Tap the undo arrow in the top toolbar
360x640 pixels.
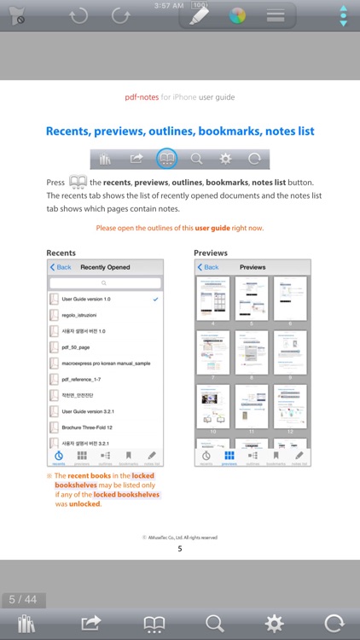79,15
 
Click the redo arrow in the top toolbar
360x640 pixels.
122,15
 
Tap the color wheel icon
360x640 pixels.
237,15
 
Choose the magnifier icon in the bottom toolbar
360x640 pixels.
215,623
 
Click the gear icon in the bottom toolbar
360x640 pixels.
274,623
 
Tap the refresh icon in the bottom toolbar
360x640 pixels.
334,623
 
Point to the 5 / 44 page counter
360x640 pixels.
23,600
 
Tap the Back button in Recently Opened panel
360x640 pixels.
61,267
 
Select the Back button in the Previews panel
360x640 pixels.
207,267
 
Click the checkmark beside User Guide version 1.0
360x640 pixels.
154,300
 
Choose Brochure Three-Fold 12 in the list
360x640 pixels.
87,427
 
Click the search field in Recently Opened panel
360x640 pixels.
105,282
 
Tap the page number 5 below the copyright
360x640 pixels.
179,549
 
